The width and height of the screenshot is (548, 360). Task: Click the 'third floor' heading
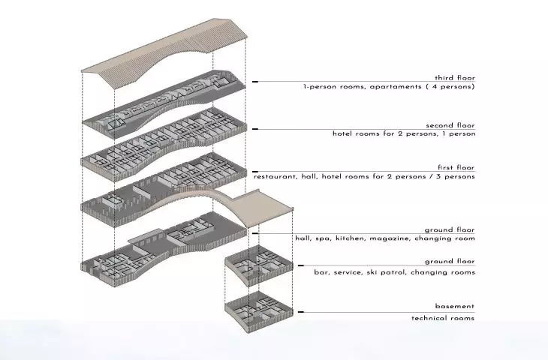(455, 78)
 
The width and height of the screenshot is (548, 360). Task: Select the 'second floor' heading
(450, 125)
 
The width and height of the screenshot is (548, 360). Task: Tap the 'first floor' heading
(456, 167)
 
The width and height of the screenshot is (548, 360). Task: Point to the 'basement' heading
(455, 306)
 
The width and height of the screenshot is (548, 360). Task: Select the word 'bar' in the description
(321, 272)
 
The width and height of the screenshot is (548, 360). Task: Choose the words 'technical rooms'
(443, 318)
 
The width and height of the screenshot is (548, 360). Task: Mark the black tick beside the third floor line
(255, 82)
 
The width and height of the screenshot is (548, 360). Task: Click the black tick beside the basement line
(300, 312)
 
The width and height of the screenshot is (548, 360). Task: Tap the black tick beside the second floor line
(255, 129)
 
